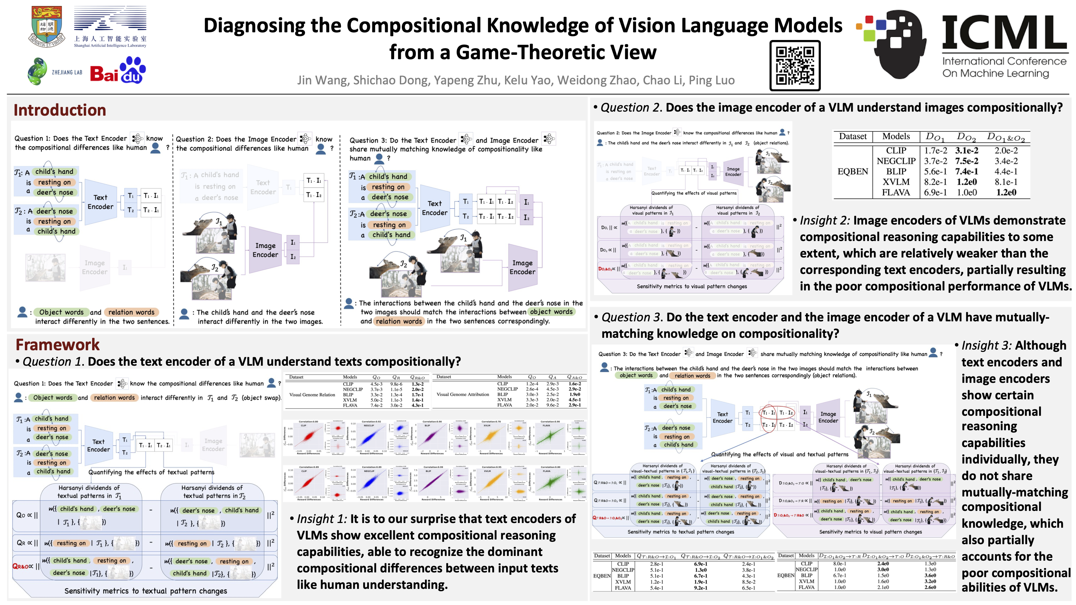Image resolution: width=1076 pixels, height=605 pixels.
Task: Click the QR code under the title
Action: (795, 66)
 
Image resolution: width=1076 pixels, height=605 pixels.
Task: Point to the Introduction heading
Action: (60, 110)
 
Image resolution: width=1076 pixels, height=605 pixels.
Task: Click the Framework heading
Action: (57, 345)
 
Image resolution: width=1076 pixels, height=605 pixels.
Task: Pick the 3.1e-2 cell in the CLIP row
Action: (966, 150)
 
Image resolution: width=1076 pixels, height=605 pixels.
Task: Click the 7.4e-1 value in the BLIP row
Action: (966, 171)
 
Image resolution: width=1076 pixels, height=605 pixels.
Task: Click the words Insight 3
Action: (986, 346)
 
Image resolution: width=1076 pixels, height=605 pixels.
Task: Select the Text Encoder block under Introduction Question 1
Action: (100, 202)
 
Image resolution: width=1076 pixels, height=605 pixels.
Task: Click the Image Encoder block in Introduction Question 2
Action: (265, 250)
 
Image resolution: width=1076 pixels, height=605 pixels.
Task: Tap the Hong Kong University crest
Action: (47, 26)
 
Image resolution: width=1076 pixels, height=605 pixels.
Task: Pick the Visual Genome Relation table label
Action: (312, 395)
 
